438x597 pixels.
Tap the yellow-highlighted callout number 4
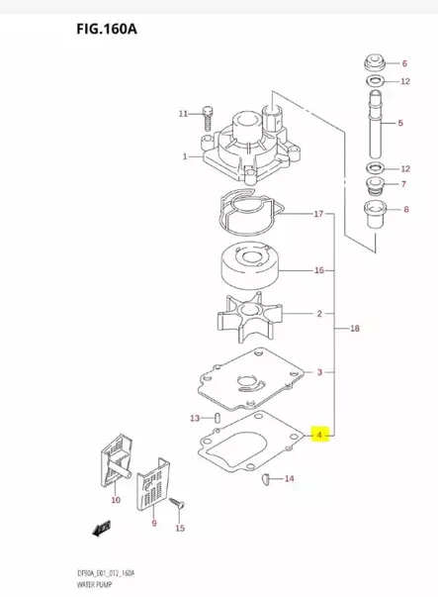[318, 434]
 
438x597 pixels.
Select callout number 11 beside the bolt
[183, 114]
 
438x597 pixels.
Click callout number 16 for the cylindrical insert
[318, 270]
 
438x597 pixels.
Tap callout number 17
[318, 214]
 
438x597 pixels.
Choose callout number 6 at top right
[403, 63]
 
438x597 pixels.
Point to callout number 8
[404, 209]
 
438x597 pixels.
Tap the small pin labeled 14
[267, 479]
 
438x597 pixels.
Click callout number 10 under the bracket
[116, 501]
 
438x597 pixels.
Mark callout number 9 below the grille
[152, 522]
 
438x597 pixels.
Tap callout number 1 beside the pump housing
[184, 157]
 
